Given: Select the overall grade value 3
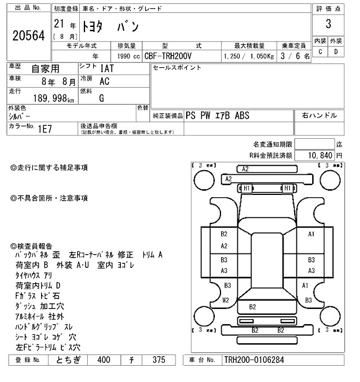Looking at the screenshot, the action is pos(327,24).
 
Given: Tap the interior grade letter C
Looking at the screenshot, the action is pos(320,52).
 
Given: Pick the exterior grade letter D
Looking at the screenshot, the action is pos(336,52).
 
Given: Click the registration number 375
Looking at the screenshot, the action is pos(160,360).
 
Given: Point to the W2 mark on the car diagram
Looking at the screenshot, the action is pos(226,301).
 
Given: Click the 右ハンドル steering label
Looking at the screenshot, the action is pos(319,116).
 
